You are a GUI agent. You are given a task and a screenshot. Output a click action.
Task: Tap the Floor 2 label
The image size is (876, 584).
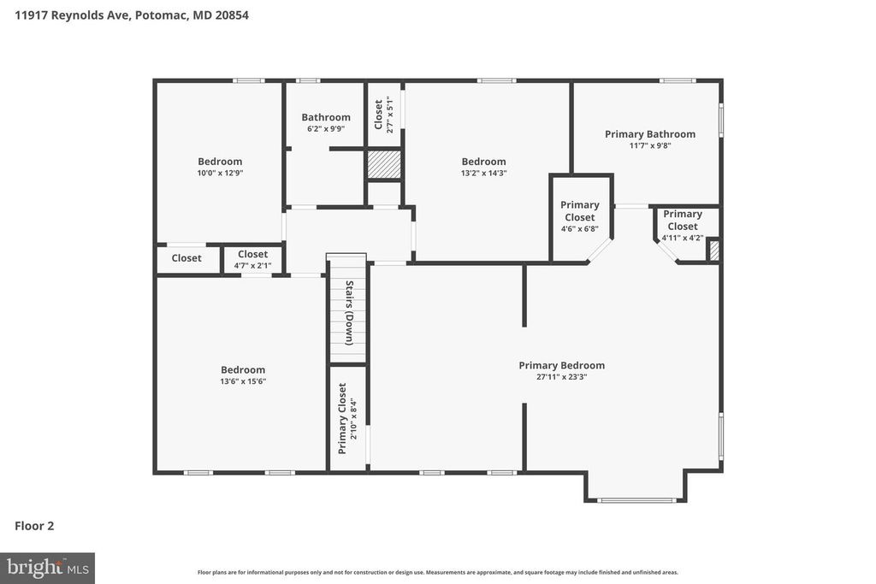(x=34, y=526)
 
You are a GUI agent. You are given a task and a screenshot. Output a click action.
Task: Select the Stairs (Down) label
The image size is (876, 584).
(x=349, y=313)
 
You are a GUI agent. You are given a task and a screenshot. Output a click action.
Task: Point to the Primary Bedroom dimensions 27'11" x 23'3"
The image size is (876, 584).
(x=561, y=376)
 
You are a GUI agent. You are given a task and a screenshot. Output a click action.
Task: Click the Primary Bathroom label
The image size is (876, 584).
(x=649, y=134)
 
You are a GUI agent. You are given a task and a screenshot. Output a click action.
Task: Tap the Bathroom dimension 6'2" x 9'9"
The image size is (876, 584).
(x=325, y=129)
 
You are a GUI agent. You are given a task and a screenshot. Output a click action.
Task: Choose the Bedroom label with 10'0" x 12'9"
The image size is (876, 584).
(x=220, y=162)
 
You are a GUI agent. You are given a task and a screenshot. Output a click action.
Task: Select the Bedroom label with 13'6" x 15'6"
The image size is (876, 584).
(x=243, y=370)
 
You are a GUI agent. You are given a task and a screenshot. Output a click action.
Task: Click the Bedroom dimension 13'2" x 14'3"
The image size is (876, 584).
(x=483, y=173)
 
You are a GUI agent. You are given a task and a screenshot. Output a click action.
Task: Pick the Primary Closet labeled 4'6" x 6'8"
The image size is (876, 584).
(x=580, y=211)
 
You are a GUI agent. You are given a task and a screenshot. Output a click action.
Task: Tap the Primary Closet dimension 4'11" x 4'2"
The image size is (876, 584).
(x=682, y=238)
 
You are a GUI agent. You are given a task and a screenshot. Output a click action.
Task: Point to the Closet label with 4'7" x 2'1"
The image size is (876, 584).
(x=252, y=254)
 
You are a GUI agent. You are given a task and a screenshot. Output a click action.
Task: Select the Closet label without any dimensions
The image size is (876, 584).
(x=186, y=258)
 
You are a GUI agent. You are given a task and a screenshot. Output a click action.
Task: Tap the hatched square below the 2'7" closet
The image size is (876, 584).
(x=384, y=164)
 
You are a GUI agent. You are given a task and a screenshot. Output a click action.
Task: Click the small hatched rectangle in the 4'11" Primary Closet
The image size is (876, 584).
(x=714, y=251)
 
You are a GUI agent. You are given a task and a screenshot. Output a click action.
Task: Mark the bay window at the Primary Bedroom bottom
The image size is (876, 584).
(x=636, y=499)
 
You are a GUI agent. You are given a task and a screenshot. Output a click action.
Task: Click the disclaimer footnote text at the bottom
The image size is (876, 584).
(x=437, y=572)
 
